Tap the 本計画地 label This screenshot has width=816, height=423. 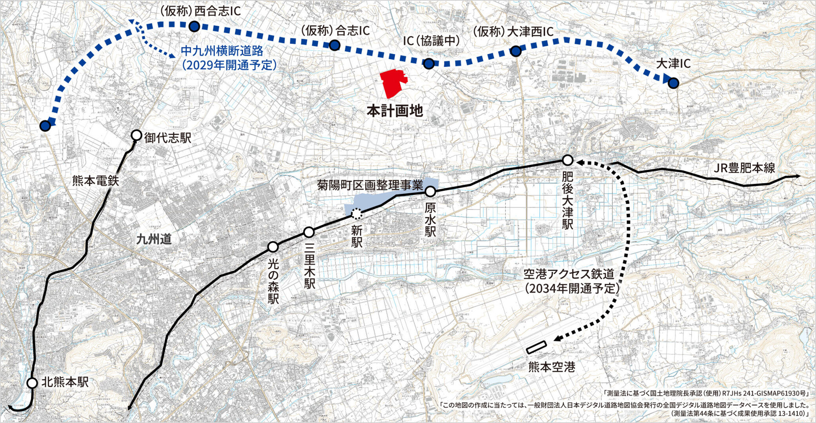coord(395,111)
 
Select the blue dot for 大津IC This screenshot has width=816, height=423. coord(673,83)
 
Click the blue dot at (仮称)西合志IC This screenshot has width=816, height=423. coord(194,27)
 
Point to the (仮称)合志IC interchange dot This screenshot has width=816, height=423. coord(334,46)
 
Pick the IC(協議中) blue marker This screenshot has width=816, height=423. coord(429,64)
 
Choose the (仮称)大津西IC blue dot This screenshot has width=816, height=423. coord(515,51)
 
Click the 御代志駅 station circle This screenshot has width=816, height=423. coord(136,135)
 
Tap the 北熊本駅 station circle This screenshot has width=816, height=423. coord(32,383)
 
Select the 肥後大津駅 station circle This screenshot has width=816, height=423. coord(567,160)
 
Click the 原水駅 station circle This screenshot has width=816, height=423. coord(430,192)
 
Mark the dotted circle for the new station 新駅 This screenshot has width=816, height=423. coord(356,214)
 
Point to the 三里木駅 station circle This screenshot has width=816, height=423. coord(309,232)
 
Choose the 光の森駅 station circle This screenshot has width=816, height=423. coord(273,247)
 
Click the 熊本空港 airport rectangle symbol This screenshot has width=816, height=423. coord(536,347)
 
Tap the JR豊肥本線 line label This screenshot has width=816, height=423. coord(744,168)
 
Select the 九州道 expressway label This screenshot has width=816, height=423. coord(154,239)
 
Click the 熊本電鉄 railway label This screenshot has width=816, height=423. coord(95,181)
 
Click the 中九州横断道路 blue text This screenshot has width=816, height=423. coord(222,51)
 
